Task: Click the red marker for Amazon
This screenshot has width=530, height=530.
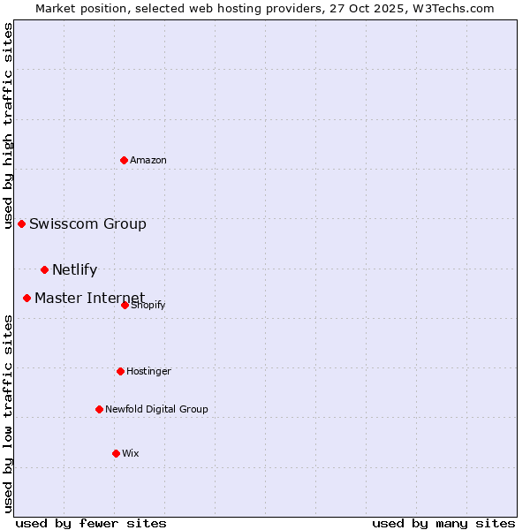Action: tap(125, 160)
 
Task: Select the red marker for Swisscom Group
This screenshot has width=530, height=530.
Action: tap(22, 223)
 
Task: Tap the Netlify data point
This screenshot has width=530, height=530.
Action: tap(45, 269)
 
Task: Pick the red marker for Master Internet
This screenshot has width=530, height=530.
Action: tap(27, 298)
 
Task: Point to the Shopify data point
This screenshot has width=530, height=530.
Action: tap(125, 305)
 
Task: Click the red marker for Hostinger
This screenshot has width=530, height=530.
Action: tap(121, 371)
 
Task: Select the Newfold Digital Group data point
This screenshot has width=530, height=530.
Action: tap(100, 409)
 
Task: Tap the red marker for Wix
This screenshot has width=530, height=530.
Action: tap(117, 453)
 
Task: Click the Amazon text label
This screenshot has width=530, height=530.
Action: tap(148, 160)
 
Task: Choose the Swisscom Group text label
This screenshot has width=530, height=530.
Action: tap(87, 223)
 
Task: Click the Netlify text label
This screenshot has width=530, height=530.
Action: tap(74, 269)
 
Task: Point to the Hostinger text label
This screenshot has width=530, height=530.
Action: tap(148, 371)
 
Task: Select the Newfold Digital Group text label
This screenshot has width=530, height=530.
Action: tap(156, 409)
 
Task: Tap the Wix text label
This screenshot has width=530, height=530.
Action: tap(131, 453)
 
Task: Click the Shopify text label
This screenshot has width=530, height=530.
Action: tap(148, 306)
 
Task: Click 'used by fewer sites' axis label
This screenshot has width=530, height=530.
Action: tap(91, 523)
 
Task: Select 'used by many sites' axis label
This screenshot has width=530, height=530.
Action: tap(443, 523)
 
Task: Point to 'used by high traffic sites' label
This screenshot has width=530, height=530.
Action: tap(8, 125)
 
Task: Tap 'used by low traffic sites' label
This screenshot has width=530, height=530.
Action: tap(8, 413)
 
